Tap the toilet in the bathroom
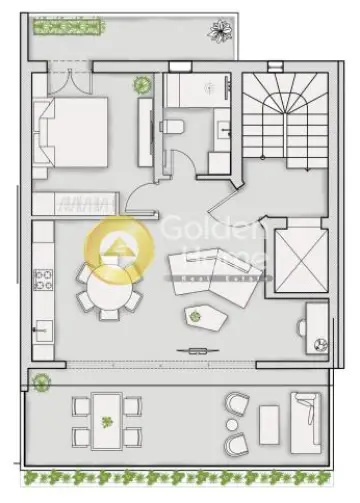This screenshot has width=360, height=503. [172, 126]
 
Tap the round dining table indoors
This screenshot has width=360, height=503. [106, 294]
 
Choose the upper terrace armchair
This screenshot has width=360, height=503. [238, 404]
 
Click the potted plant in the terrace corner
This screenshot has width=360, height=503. [41, 381]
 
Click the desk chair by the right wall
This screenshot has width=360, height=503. [299, 328]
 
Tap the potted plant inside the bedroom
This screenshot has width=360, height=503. [142, 85]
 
